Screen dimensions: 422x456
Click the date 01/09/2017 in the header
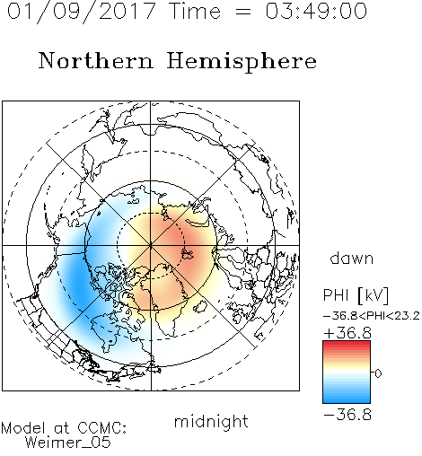[x=81, y=12]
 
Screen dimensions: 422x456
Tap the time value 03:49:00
[x=316, y=11]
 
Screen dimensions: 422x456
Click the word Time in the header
[x=195, y=11]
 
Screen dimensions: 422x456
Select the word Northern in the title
[x=96, y=60]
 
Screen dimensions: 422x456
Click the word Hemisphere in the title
[x=242, y=62]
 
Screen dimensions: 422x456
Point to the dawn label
[x=352, y=258]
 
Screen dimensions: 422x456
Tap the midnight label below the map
[x=211, y=423]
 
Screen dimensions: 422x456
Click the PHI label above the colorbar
[x=336, y=295]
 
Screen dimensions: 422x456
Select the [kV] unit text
[x=374, y=295]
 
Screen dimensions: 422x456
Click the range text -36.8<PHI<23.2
[x=372, y=316]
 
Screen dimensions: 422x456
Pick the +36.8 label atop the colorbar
[x=347, y=333]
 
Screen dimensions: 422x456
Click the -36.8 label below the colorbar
[x=347, y=415]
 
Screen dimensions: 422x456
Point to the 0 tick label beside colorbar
[x=378, y=373]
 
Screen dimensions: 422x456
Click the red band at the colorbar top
[x=347, y=345]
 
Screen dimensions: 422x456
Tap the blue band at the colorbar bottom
[x=347, y=398]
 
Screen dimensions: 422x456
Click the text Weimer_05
[x=68, y=443]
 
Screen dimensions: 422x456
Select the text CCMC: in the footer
[x=102, y=428]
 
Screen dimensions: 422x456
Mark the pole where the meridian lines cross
[x=151, y=246]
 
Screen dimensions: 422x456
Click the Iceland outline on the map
[x=200, y=307]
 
